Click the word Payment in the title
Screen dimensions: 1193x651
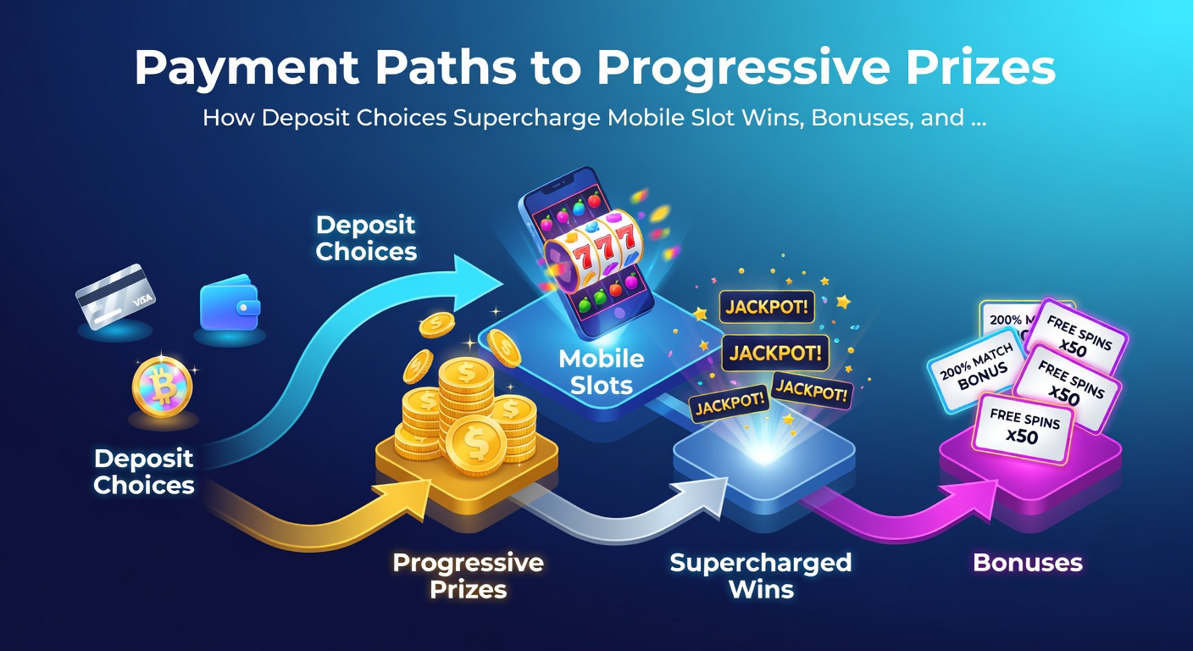[x=247, y=69]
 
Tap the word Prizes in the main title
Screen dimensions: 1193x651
[x=980, y=68]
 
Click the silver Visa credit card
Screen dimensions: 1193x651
[x=115, y=296]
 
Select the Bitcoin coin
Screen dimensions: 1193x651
[x=163, y=387]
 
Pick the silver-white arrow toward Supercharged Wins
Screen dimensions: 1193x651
[x=618, y=511]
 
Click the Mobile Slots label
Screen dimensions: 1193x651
[x=602, y=372]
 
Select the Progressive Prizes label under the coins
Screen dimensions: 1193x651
[x=469, y=576]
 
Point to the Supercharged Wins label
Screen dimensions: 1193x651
[x=761, y=576]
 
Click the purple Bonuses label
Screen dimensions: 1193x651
[x=1028, y=563]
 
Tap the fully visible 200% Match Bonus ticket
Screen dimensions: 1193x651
[x=976, y=370]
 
